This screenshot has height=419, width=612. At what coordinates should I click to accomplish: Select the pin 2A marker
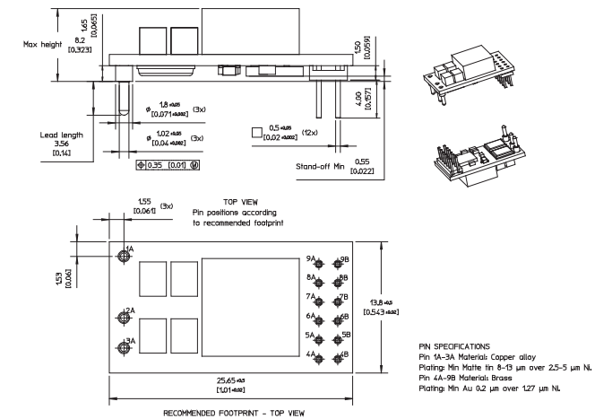125,318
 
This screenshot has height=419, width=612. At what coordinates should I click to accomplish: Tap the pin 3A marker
125,348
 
